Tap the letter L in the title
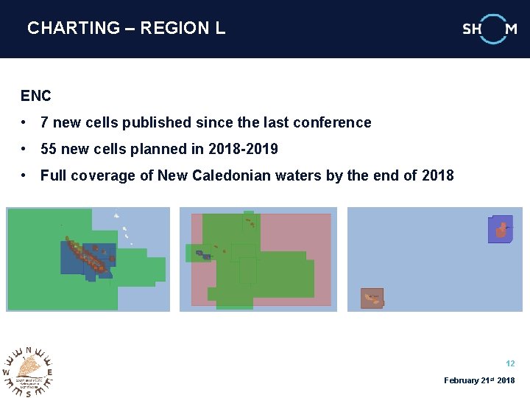[x=220, y=28]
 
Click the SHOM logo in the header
[x=490, y=29]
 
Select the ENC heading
[x=36, y=96]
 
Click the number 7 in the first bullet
[x=45, y=122]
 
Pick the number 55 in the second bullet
[x=49, y=149]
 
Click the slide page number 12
[x=510, y=363]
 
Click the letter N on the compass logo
[x=28, y=350]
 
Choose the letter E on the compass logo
[x=50, y=372]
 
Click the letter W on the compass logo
[x=6, y=372]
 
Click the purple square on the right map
[x=500, y=229]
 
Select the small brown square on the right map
[x=372, y=298]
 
